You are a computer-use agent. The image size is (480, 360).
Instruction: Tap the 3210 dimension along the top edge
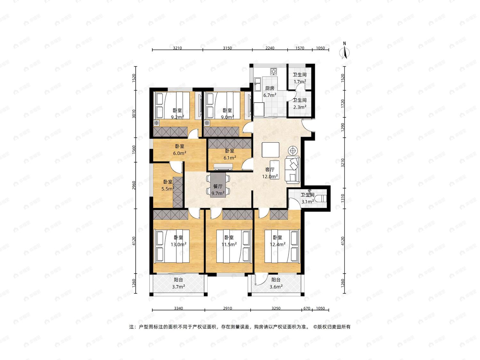coord(177,48)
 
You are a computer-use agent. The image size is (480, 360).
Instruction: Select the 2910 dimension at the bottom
coord(228,308)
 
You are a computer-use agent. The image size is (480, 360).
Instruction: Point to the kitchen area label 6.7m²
coord(270,95)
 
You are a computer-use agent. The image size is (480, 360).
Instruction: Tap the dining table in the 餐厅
coord(218,185)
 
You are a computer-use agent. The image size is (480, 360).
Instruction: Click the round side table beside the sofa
coord(292,151)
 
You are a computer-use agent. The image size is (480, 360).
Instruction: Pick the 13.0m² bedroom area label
coord(179,244)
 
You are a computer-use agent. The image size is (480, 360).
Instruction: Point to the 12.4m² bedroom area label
coord(277,244)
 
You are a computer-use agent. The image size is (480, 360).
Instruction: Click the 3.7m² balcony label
coord(179,286)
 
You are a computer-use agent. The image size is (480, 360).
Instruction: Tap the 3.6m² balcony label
coord(276,286)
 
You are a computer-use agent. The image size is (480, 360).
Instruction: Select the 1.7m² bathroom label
coord(300,82)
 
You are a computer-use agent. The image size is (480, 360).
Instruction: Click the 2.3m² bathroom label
coord(300,107)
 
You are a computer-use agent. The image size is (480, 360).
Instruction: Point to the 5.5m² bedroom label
coord(168,188)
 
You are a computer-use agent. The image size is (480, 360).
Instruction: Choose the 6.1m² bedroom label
coord(230,157)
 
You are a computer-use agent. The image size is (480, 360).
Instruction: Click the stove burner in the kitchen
coord(274,71)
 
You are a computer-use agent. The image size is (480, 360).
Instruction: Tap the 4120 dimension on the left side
coord(134,241)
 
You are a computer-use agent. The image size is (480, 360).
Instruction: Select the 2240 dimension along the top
coord(270,48)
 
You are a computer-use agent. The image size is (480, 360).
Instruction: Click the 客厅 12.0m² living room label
coord(270,173)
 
